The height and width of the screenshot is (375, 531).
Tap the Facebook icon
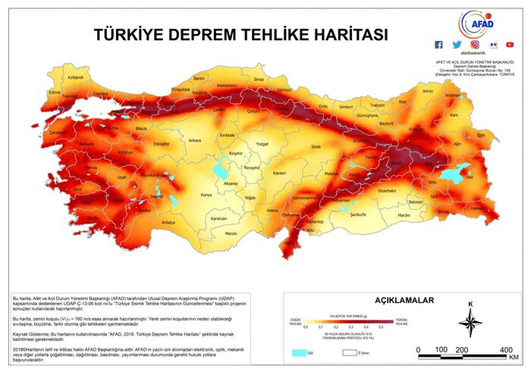(439, 45)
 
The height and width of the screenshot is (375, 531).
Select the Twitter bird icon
(457, 45)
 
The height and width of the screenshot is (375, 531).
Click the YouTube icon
(510, 45)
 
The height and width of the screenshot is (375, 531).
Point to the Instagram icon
(475, 45)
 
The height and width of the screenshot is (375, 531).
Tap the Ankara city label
(195, 140)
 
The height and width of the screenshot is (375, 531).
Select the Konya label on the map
(206, 195)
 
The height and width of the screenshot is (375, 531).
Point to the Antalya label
(168, 222)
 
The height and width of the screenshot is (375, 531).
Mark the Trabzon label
(377, 105)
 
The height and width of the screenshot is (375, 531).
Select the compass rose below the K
(470, 325)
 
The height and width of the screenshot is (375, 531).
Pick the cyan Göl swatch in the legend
(300, 352)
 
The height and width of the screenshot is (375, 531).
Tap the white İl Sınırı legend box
(350, 352)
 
